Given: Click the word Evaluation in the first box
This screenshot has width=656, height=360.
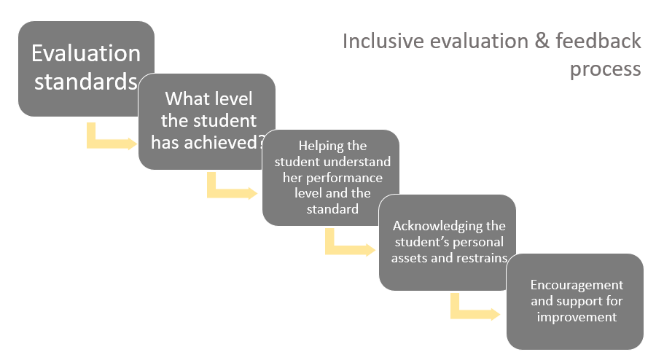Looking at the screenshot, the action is coord(86,53).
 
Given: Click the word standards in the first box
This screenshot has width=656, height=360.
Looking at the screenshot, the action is coord(86,81).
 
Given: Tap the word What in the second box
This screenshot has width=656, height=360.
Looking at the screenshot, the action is coord(182,98).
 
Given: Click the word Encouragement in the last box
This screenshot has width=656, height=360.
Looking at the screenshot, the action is coord(577,286).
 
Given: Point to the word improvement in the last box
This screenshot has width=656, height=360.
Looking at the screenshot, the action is coord(577,317).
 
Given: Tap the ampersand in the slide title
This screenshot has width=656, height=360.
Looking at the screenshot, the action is coord(542,42).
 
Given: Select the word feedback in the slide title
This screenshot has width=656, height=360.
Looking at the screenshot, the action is coord(598,41).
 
